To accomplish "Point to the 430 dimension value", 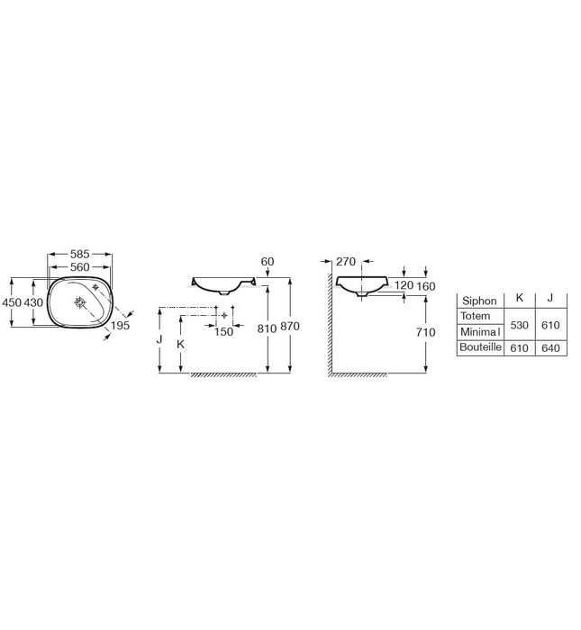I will tap(33, 303).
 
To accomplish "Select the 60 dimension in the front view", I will tap(267, 261).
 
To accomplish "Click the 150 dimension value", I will tap(224, 331).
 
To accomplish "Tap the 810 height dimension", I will tap(267, 329).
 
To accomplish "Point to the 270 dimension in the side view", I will tap(347, 262).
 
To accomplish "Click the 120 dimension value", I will tap(403, 285).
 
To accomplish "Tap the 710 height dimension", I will tap(426, 333).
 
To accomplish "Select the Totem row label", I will tap(475, 316).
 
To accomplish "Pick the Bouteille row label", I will tap(480, 347).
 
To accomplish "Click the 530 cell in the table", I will tap(519, 324).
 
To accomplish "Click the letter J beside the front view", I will tap(159, 340).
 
